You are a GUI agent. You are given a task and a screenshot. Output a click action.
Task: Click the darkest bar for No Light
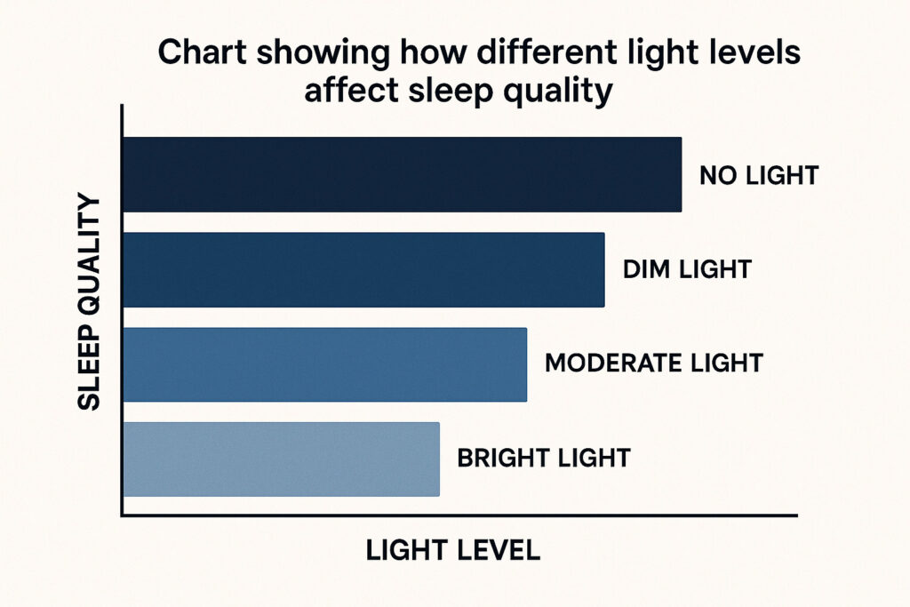point(403,175)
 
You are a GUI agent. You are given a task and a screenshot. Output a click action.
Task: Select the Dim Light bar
point(363,270)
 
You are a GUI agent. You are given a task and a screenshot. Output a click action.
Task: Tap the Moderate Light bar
point(325,364)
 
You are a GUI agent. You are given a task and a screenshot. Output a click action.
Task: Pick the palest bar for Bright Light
point(282,459)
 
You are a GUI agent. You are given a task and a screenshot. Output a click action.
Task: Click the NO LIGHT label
point(759,175)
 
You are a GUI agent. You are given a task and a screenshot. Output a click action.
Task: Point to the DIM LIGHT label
point(687,269)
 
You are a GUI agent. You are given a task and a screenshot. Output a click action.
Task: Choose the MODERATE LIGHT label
point(653,363)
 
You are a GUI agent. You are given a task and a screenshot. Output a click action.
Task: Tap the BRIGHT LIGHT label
point(544,458)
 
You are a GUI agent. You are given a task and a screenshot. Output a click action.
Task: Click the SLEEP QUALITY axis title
point(89,302)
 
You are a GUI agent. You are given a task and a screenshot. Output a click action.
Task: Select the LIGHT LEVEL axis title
point(452,550)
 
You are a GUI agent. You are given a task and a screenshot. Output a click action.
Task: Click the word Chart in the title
point(203,52)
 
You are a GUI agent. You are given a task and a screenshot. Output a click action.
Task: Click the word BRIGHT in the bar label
point(496,458)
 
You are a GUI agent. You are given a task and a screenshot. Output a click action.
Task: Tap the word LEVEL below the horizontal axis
point(498,550)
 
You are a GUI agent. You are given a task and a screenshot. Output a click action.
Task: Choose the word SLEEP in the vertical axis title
point(89,367)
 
